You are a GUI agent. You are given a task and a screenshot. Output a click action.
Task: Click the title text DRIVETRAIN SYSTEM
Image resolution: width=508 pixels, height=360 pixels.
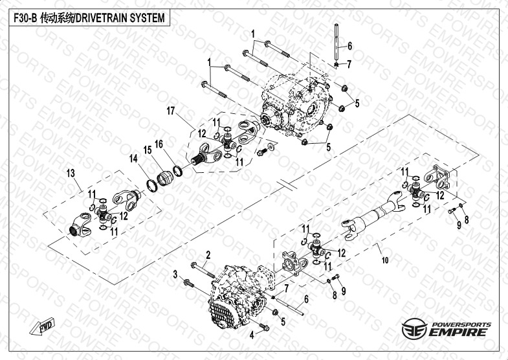120,19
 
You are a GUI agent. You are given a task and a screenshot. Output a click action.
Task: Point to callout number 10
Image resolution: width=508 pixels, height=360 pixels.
385,260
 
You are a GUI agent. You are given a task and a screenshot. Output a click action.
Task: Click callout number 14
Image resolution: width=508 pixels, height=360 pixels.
133,158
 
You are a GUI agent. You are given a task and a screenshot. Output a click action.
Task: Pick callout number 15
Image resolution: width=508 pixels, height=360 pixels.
147,150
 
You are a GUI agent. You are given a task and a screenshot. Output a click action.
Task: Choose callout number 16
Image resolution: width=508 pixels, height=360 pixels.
159,144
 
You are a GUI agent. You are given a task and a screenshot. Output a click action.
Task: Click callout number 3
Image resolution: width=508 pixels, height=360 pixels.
175,275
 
